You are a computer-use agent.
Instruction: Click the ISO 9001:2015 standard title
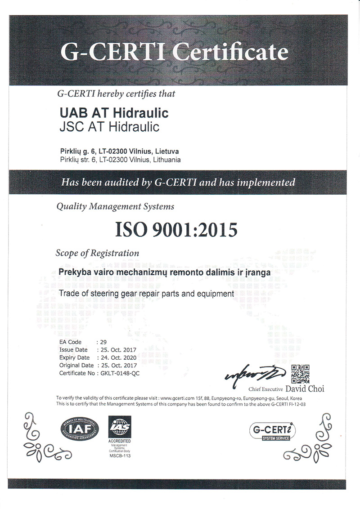pyautogui.click(x=176, y=230)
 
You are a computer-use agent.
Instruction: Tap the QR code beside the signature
pyautogui.click(x=300, y=373)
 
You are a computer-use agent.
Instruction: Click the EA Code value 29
pyautogui.click(x=103, y=342)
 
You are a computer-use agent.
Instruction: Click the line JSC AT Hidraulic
pyautogui.click(x=109, y=127)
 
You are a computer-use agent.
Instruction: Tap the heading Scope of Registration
pyautogui.click(x=97, y=253)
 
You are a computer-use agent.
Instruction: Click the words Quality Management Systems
pyautogui.click(x=115, y=207)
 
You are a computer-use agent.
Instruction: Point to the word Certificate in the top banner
pyautogui.click(x=230, y=53)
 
